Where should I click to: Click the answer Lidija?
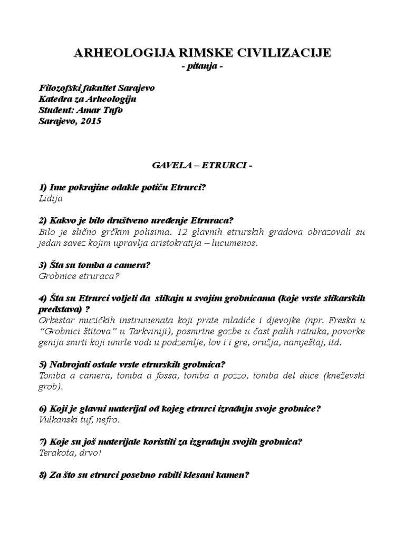click(51, 199)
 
